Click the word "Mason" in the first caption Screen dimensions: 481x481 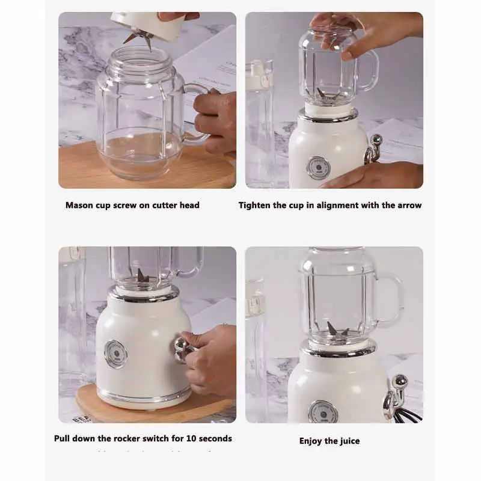coord(79,205)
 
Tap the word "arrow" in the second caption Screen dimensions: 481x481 coord(409,205)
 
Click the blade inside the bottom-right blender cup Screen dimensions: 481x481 coord(336,329)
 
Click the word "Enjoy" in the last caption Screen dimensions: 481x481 coord(311,441)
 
